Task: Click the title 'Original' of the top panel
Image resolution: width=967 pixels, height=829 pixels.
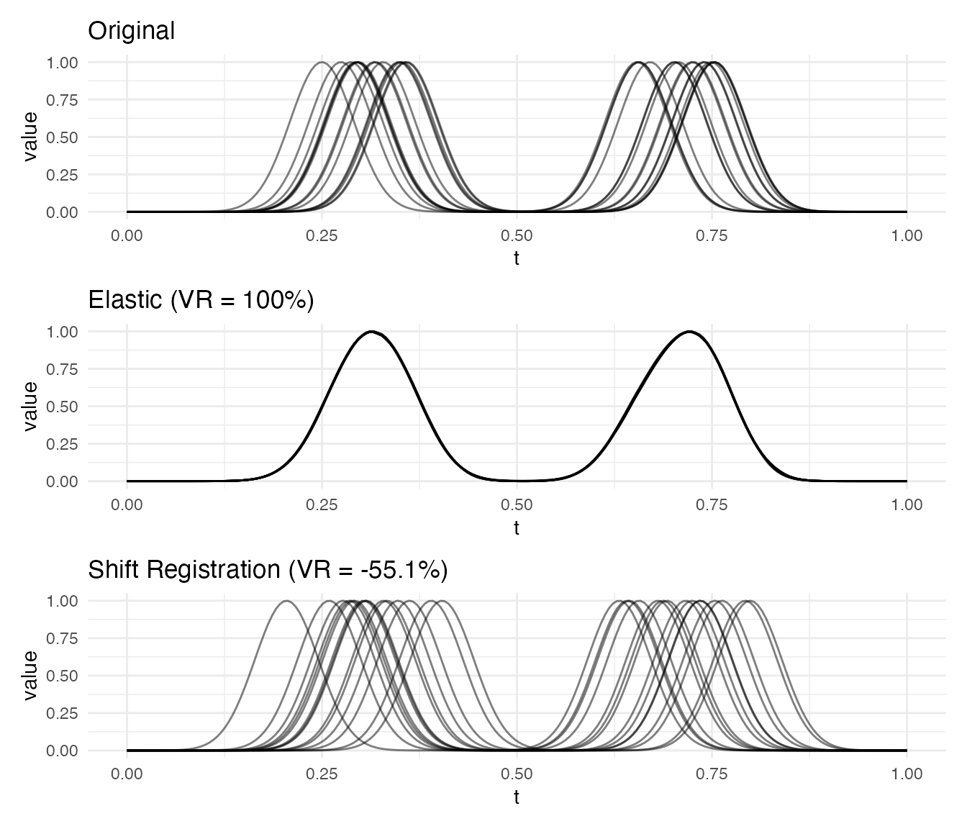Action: tap(131, 31)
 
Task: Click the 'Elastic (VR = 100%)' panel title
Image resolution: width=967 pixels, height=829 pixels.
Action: tap(201, 300)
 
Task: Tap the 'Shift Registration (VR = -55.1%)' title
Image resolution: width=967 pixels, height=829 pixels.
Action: tap(268, 570)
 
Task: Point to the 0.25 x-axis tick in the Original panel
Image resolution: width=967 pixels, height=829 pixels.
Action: tap(322, 236)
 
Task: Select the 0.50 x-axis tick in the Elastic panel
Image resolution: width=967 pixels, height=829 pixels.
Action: tap(517, 505)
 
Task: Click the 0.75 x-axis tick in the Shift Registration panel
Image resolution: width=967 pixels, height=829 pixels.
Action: tap(712, 774)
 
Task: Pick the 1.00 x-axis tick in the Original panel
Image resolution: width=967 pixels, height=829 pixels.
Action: tap(906, 236)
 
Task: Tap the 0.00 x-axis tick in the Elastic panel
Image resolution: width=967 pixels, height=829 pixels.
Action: tap(127, 505)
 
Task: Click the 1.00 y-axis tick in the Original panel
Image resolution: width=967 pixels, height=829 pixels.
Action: tap(63, 63)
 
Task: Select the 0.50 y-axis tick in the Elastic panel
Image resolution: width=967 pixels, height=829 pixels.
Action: tap(63, 407)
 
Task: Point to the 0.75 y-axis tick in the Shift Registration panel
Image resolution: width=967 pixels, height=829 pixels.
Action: tap(63, 638)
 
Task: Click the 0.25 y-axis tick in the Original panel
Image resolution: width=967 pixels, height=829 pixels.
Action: tap(63, 175)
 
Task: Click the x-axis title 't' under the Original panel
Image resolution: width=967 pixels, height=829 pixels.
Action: tap(517, 258)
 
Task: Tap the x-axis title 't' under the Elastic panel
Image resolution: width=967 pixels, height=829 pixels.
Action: tap(517, 528)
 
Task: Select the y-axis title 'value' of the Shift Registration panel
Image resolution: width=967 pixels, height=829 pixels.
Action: tap(30, 675)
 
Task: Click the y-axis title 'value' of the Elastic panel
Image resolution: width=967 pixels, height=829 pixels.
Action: tap(30, 406)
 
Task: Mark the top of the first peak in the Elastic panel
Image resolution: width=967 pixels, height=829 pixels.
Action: tap(371, 332)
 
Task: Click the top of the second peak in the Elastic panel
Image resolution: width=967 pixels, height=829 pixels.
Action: tap(689, 332)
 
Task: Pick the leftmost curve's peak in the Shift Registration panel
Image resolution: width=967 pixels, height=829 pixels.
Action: tap(286, 601)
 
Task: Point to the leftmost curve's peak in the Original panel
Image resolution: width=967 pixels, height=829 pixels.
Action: tap(322, 63)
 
